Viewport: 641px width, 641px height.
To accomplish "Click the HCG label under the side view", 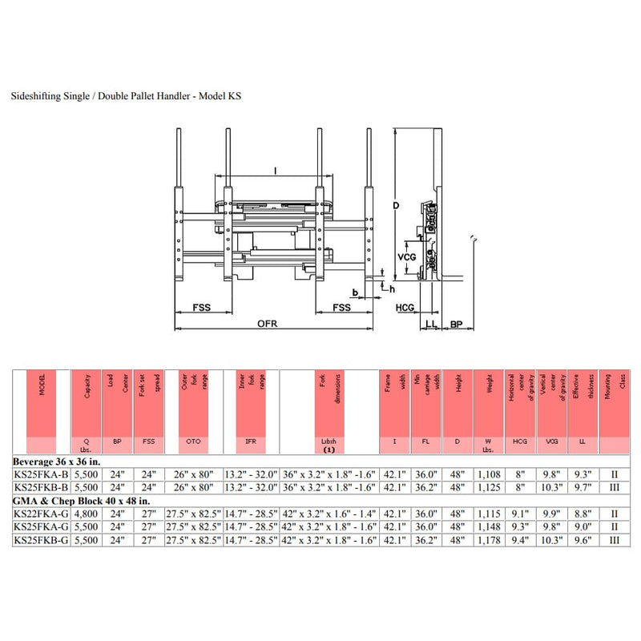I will (405, 308).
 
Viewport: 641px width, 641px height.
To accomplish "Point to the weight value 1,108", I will (488, 475).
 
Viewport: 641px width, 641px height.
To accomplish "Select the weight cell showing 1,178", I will (488, 540).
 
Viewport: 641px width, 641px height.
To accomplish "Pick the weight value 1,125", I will (488, 488).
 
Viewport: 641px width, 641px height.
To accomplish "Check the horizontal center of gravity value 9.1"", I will (520, 514).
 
